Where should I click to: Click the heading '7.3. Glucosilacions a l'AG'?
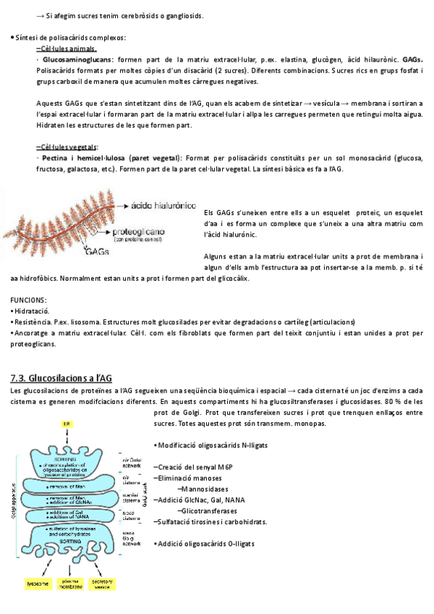coord(61,377)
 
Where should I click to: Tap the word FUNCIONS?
coord(30,300)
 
